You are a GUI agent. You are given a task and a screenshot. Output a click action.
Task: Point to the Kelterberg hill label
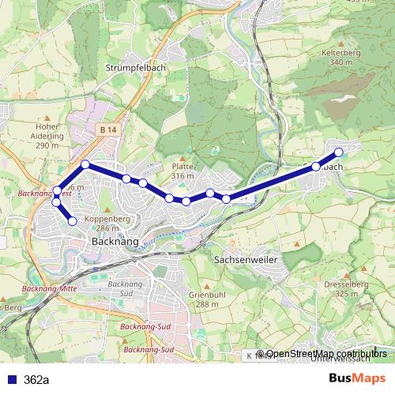[x=341, y=52]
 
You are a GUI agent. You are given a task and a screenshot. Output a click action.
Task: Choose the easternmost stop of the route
[x=339, y=152]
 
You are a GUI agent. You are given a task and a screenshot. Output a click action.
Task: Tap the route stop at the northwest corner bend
[x=85, y=164]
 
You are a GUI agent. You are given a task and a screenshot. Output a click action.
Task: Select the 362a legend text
[x=36, y=380]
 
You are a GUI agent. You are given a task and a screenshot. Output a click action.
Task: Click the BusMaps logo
[x=356, y=378]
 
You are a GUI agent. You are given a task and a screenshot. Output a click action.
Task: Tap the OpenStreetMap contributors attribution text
[x=325, y=355]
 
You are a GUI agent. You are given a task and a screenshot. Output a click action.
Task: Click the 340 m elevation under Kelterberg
[x=341, y=62]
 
